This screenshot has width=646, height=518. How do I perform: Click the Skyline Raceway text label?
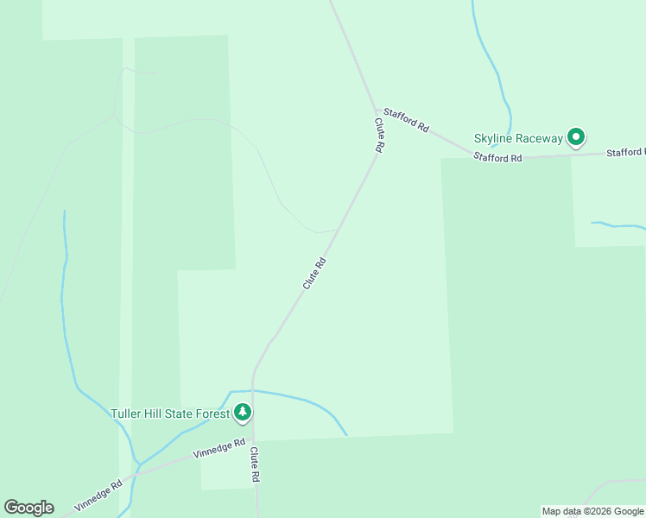(x=517, y=138)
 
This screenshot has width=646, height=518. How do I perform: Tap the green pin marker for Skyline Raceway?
(x=576, y=136)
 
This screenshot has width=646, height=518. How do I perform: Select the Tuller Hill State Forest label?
(x=170, y=414)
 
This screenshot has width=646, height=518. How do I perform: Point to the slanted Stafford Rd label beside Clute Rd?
(x=406, y=120)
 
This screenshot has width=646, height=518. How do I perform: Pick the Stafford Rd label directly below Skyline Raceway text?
(x=498, y=158)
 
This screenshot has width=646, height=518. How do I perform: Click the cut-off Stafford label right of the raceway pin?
(x=625, y=153)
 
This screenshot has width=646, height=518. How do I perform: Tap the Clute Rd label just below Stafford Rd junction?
(x=378, y=136)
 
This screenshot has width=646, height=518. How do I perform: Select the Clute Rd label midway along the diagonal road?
(x=314, y=273)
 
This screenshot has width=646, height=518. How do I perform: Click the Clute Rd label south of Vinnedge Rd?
(x=255, y=464)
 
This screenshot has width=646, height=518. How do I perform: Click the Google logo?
(x=28, y=508)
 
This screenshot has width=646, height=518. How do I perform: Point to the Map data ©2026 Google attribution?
(x=592, y=511)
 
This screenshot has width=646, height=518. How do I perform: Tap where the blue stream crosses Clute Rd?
(x=253, y=391)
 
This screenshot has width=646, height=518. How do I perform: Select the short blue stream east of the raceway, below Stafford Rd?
(x=617, y=226)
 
